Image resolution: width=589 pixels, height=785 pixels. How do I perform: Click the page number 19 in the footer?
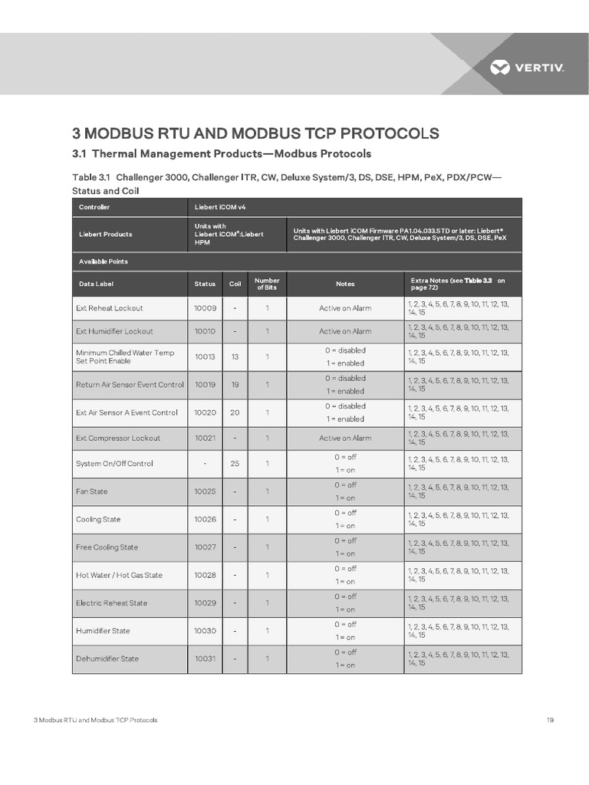[x=550, y=720]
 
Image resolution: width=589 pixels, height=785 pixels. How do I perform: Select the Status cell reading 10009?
[x=205, y=308]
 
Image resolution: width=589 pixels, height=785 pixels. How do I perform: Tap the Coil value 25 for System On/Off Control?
[x=235, y=464]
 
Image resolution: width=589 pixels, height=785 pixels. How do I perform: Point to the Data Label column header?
[x=96, y=284]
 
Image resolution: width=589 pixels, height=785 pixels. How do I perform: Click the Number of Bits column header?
[x=267, y=284]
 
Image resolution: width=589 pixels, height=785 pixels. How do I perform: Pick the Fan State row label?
[x=92, y=491]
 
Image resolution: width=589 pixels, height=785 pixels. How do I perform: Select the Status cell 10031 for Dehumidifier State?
[x=205, y=659]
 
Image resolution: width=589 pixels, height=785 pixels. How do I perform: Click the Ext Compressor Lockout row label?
[x=118, y=438]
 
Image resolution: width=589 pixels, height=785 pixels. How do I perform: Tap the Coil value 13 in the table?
[x=235, y=356]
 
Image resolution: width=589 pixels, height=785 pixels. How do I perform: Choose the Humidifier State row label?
[x=103, y=631]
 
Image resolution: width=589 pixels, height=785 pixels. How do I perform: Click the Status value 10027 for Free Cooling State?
[x=205, y=547]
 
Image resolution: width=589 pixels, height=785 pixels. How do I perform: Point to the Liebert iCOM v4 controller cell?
[x=220, y=207]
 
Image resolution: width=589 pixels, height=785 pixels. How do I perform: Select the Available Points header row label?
[x=104, y=261]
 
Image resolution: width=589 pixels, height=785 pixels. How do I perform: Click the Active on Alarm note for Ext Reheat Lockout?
[x=345, y=308]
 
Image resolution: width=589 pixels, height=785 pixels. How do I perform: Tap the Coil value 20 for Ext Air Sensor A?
[x=235, y=412]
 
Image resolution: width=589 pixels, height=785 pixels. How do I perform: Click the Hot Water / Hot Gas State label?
[x=119, y=575]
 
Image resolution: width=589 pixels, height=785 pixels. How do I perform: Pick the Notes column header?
[x=345, y=284]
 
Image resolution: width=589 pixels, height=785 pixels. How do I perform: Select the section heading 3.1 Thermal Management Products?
[x=221, y=153]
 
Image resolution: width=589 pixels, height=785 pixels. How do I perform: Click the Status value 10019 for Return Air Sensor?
[x=205, y=384]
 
